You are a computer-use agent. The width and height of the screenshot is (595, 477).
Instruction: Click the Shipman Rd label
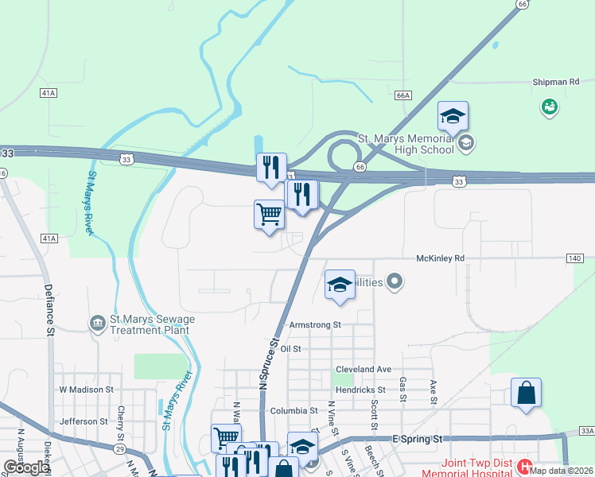(x=556, y=82)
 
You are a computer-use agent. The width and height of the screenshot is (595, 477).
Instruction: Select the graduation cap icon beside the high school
(x=453, y=118)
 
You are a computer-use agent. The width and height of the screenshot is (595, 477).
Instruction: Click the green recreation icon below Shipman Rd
(x=549, y=107)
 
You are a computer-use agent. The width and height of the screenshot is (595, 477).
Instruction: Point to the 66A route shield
(x=403, y=95)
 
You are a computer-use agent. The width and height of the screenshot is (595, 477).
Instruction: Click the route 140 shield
(x=575, y=258)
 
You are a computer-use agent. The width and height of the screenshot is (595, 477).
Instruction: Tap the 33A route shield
(x=587, y=430)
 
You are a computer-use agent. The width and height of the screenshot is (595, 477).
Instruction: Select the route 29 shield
(x=119, y=449)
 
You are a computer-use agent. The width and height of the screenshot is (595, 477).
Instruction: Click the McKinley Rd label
(x=439, y=258)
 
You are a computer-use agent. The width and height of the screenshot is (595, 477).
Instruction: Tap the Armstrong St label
(x=315, y=325)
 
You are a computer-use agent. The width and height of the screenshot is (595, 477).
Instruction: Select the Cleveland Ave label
(x=363, y=370)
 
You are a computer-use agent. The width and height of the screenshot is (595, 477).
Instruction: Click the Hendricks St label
(x=360, y=390)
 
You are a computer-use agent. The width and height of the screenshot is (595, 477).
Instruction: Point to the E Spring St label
(x=417, y=439)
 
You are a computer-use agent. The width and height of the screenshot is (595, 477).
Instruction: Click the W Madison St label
(x=87, y=390)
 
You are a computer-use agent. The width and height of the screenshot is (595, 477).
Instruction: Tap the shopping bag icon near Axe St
(x=526, y=394)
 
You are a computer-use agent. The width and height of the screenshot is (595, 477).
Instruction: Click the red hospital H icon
(x=524, y=466)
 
